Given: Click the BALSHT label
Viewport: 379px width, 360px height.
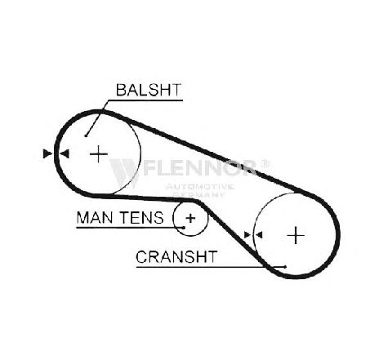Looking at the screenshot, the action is pos(149,90).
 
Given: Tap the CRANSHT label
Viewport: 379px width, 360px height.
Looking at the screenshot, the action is pos(176,257).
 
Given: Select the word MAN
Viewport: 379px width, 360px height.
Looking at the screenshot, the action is pos(95,218).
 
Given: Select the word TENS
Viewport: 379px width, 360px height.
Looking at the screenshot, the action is pos(141,218).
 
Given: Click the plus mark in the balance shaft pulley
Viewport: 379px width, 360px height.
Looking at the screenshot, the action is pos(99,154).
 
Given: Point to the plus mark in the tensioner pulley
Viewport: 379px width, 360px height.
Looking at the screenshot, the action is pos(191,218).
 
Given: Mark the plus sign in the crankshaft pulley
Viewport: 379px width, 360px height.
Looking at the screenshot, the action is pos(296,235).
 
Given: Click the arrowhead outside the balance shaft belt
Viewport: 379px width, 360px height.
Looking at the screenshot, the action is pos(47,153).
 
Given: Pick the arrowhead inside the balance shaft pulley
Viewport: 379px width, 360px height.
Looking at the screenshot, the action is pos(65,154).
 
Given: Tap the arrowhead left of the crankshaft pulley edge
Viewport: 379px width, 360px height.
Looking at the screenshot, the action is pos(247,235).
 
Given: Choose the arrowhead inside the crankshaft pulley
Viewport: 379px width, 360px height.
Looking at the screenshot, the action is pos(259,235).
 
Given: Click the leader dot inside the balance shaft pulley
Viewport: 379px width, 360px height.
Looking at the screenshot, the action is pos(86,136).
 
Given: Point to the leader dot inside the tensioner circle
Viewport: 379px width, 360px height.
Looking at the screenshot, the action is pos(184,228).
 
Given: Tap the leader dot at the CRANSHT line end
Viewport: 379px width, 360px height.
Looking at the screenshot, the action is pos(285,267).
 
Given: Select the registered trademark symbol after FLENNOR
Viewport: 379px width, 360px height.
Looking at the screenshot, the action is pos(265,163).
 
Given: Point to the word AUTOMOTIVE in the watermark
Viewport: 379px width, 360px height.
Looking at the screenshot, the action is pos(199,187).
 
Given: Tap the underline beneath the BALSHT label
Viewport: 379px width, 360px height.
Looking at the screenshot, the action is pos(145,100).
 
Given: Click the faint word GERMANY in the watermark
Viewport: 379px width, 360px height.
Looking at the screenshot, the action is pos(199,194).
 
